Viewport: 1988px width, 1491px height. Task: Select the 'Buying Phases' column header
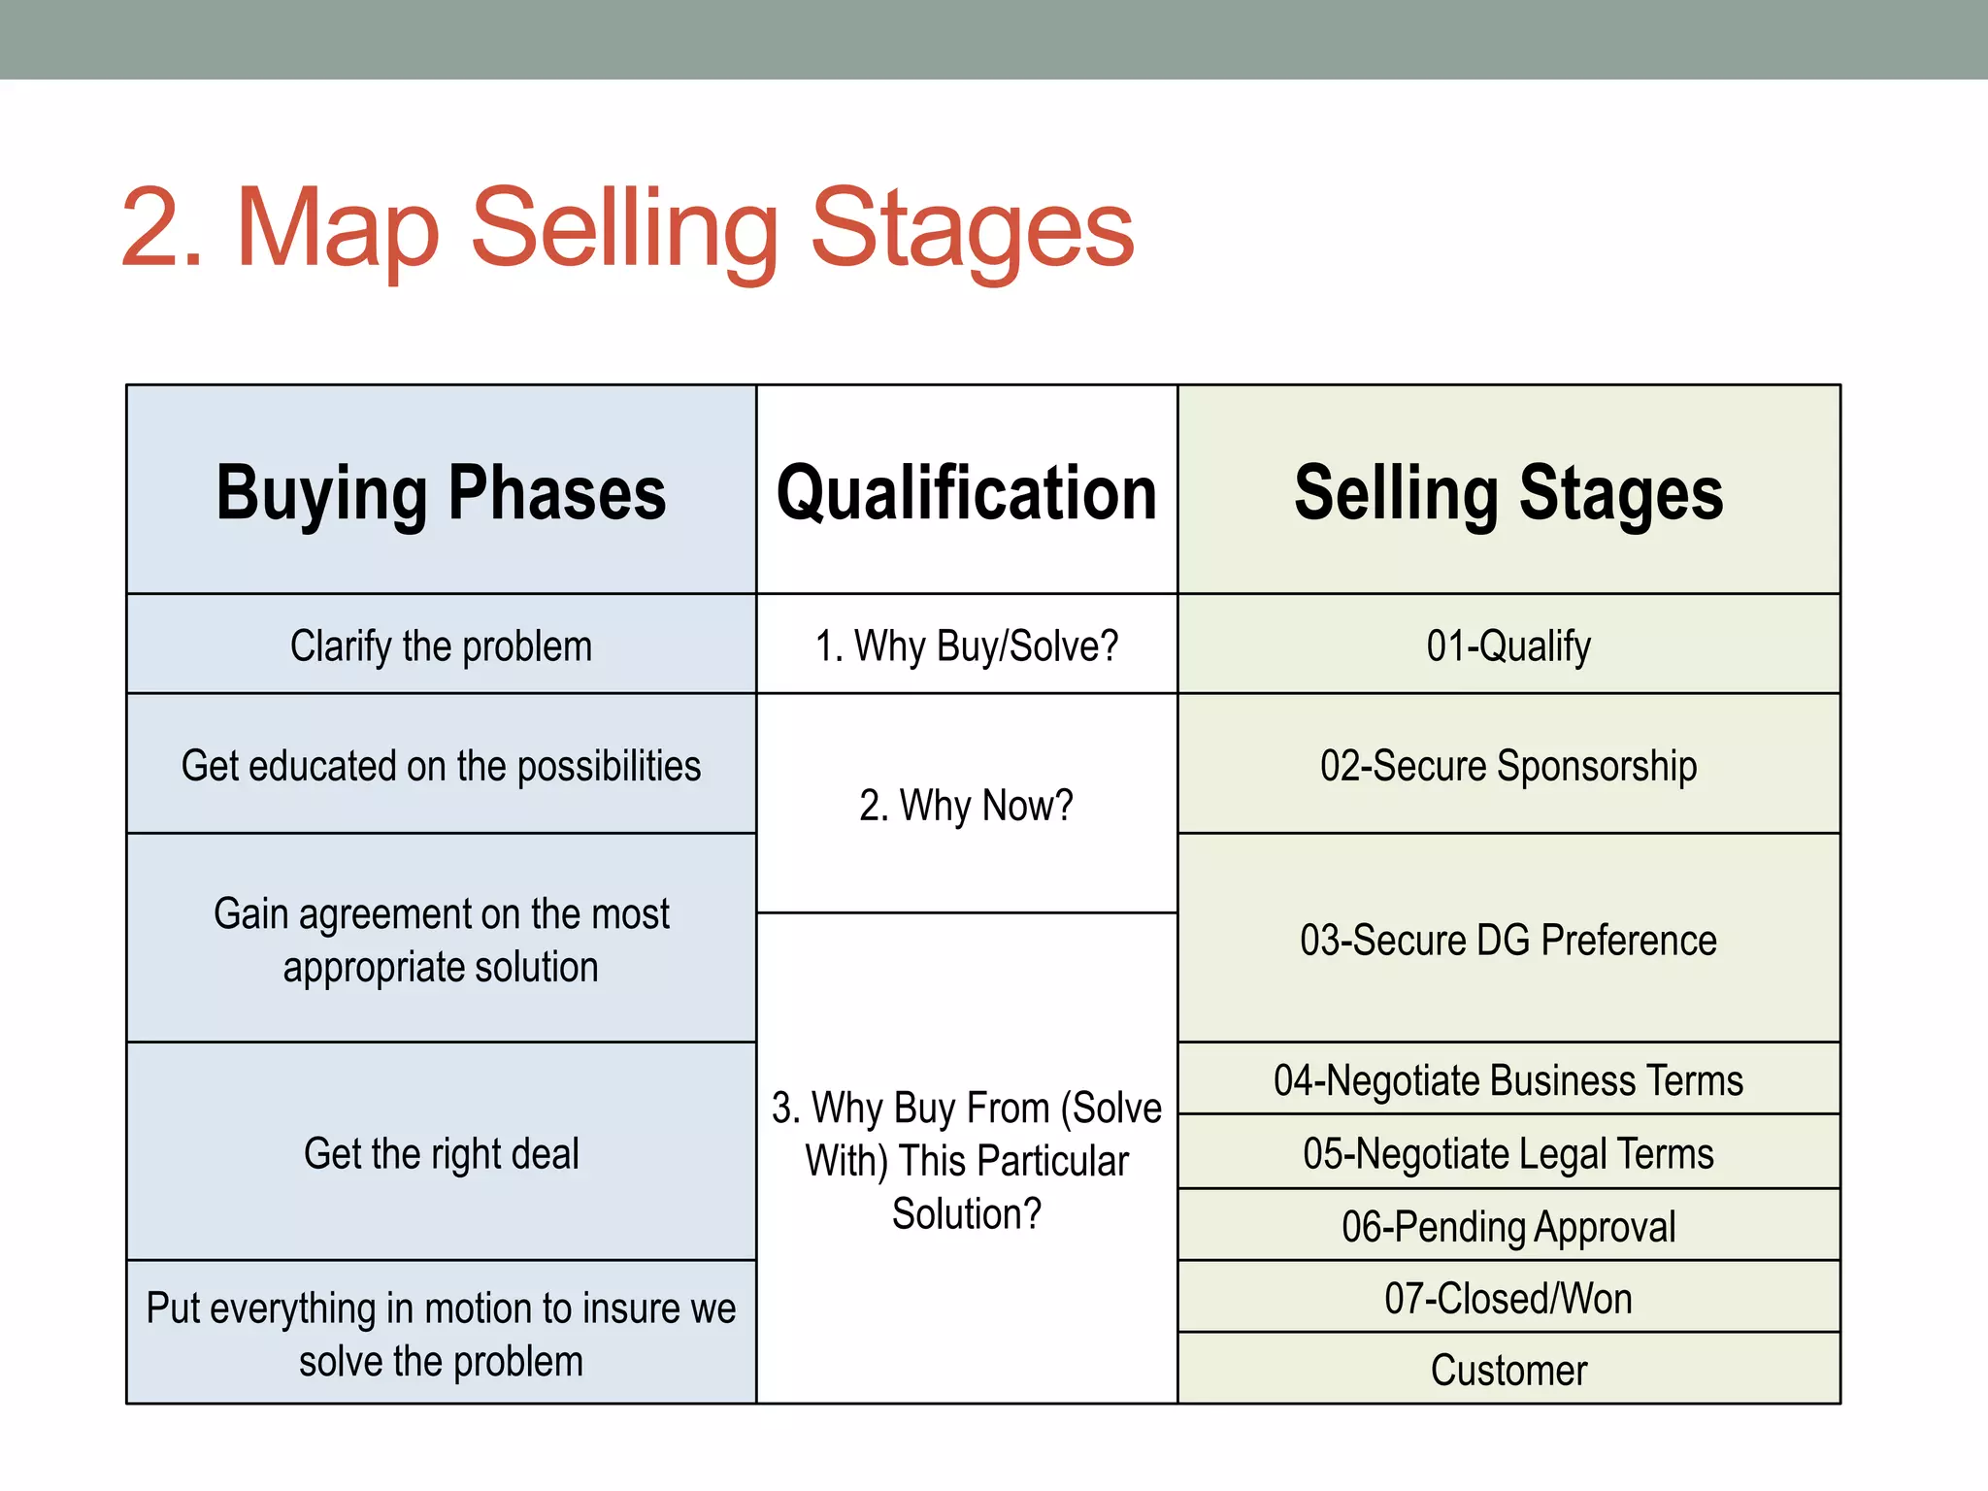pos(441,493)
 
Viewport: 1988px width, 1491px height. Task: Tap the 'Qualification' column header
pos(967,493)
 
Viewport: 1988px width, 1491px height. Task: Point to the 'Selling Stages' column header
pos(1508,493)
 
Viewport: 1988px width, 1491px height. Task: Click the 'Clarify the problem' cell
pos(441,646)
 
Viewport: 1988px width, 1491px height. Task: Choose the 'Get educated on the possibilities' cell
pos(441,766)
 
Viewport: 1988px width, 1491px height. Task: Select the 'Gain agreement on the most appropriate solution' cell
pos(441,940)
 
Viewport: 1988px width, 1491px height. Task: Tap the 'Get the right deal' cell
pos(441,1153)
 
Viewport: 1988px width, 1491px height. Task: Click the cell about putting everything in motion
pos(441,1334)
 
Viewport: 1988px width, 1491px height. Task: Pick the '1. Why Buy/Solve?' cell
pos(967,646)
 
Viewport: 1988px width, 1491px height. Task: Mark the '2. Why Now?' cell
pos(967,805)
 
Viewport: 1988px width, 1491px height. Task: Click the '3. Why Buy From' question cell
pos(967,1160)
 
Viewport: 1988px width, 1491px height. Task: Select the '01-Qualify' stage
pos(1508,646)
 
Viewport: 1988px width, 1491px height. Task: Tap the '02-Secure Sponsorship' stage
pos(1508,766)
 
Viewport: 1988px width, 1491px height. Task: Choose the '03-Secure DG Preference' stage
pos(1508,940)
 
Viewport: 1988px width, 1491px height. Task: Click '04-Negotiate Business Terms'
pos(1508,1080)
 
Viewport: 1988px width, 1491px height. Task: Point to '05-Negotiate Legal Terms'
pos(1508,1153)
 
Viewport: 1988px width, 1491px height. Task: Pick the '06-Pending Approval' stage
pos(1508,1226)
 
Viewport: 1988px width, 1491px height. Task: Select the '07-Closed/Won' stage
pos(1508,1298)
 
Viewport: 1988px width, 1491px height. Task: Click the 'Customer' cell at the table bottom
pos(1508,1370)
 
